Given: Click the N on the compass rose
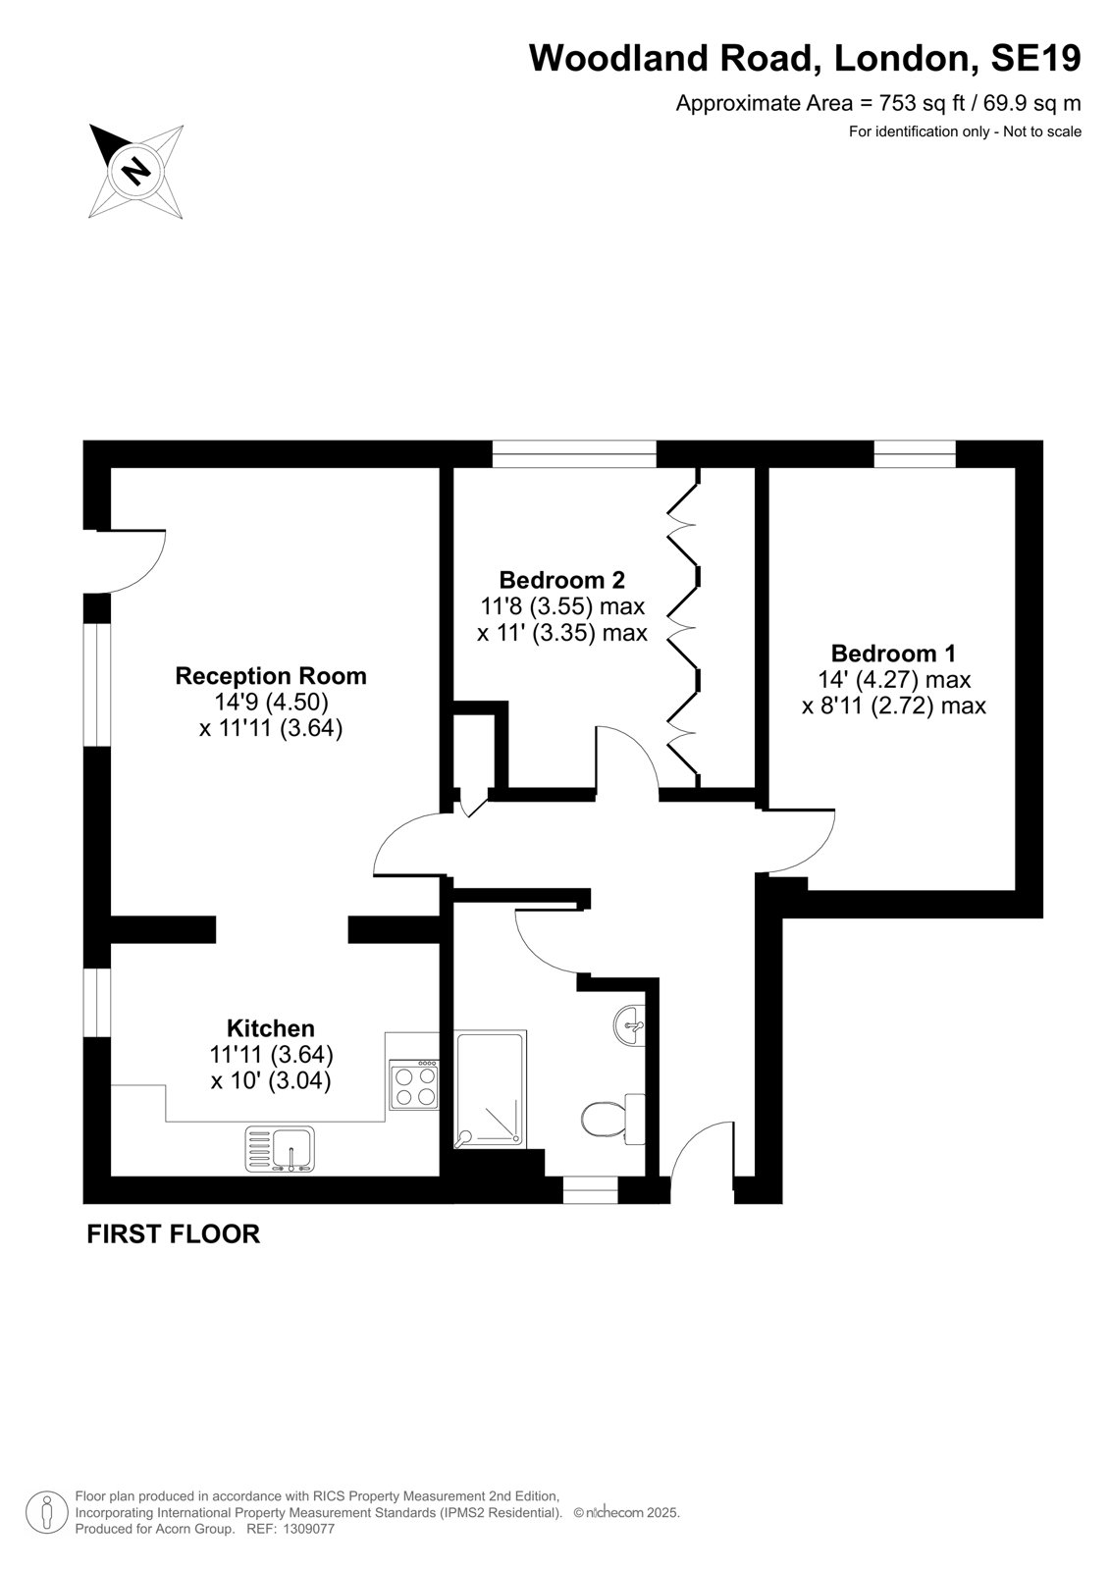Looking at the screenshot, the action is coord(136,169).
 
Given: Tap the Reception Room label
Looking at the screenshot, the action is coord(271,676).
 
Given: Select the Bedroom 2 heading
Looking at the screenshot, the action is coord(561,580).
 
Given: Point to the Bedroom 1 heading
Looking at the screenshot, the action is coord(893,654).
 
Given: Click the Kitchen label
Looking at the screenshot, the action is coord(271,1028).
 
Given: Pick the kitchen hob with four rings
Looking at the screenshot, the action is coord(414,1083).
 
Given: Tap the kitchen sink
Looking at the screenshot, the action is coord(280,1149).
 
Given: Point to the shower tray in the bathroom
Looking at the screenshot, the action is coord(490,1089).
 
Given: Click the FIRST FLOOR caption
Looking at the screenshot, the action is coord(173,1234).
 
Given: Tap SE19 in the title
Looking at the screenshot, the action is coord(1035,58).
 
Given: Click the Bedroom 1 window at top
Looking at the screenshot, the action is coord(915,454).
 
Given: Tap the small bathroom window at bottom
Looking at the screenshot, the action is coord(591,1189).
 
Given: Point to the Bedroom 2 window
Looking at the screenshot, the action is coord(574,454).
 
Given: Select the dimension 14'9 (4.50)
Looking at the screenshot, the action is coord(271,702).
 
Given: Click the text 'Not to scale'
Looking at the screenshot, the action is coord(1042,131).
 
